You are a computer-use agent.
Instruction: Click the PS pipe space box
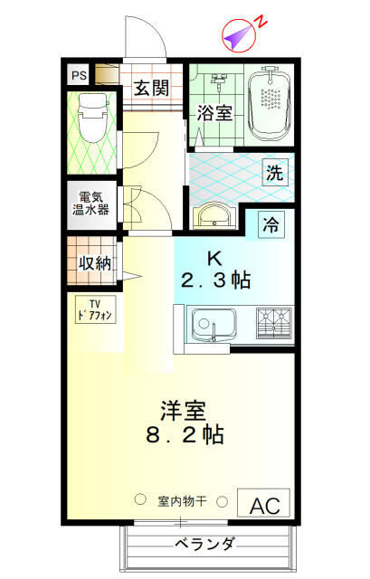pos(79,75)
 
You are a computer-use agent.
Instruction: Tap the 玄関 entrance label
pos(151,88)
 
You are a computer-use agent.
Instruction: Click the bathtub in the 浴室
pos(270,104)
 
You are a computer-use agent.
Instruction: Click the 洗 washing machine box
pos(275,172)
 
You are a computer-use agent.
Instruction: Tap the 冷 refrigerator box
pos(270,223)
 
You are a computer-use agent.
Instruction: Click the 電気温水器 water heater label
pos(90,204)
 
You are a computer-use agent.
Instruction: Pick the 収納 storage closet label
pos(95,263)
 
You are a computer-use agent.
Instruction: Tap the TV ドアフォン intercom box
pos(96,309)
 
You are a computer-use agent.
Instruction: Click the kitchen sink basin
pos(213,325)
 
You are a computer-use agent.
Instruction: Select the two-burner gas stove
pos(274,323)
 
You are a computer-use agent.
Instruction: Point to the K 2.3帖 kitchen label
pos(216,271)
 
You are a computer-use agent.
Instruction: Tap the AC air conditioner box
pos(263,503)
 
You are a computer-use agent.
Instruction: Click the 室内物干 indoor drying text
pos(182,501)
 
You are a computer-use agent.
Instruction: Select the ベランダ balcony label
pos(204,544)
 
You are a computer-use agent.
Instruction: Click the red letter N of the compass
pos(261,22)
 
